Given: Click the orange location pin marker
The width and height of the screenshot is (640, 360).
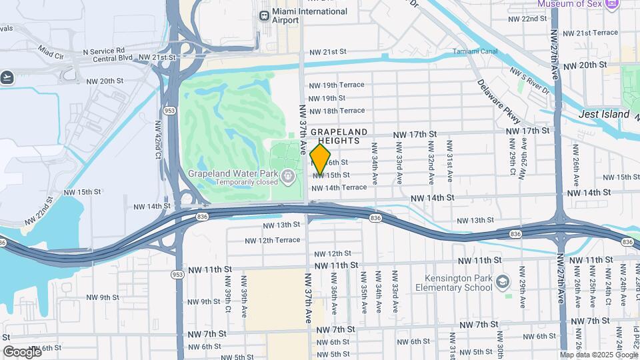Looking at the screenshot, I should [x=320, y=159].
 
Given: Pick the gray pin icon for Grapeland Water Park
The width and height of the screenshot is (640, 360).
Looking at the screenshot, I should [x=288, y=177].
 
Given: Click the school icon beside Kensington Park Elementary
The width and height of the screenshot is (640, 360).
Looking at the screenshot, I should [x=503, y=282].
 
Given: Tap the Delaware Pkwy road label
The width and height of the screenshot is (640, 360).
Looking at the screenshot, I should [x=493, y=103].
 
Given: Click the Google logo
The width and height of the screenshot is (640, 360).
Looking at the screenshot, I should [x=22, y=351].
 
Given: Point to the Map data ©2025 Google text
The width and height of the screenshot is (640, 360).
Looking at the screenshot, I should [x=599, y=355].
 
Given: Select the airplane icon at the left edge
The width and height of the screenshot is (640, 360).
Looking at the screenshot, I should [x=7, y=77].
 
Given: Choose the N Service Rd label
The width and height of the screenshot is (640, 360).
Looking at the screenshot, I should [x=103, y=51].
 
